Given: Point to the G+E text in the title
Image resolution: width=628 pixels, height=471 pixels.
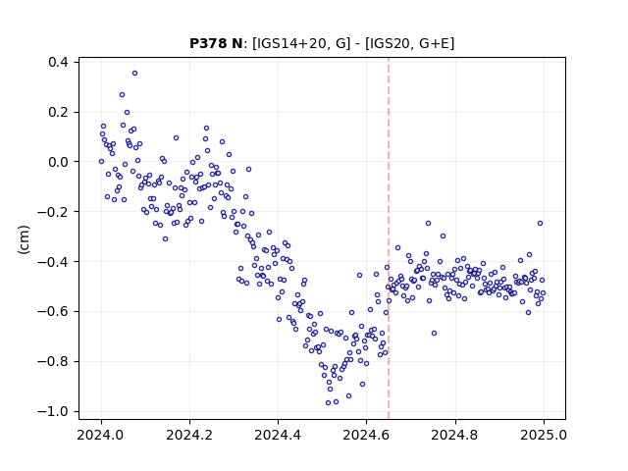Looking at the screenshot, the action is pyautogui.click(x=435, y=43).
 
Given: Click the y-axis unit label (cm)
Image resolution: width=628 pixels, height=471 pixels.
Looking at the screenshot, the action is pyautogui.click(x=24, y=239).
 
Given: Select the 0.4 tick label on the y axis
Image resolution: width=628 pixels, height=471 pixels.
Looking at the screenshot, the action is pyautogui.click(x=58, y=62).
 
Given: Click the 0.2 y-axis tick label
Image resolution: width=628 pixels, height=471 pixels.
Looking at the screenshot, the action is pyautogui.click(x=58, y=112).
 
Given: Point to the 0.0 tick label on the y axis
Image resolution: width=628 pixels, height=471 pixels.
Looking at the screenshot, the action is pyautogui.click(x=58, y=162).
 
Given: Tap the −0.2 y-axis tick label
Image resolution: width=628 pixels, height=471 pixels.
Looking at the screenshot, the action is pyautogui.click(x=53, y=212).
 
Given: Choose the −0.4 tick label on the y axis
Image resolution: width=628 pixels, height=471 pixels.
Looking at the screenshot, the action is pyautogui.click(x=53, y=262).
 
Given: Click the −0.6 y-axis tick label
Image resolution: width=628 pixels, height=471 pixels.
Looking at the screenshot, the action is pyautogui.click(x=53, y=311).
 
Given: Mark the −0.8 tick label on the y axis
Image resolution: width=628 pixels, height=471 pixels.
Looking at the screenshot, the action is pyautogui.click(x=53, y=361).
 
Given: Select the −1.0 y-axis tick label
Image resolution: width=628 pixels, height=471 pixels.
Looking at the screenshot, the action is pyautogui.click(x=53, y=411).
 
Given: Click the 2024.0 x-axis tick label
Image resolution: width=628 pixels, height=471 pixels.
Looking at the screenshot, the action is pyautogui.click(x=101, y=435).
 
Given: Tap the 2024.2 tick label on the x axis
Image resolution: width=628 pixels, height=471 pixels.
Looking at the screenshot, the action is pyautogui.click(x=189, y=435).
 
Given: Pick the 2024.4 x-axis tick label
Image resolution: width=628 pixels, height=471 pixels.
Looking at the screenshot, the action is pyautogui.click(x=278, y=435).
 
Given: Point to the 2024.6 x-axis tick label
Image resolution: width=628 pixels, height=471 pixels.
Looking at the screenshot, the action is pyautogui.click(x=366, y=435).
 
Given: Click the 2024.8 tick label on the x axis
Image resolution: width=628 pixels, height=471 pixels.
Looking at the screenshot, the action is pyautogui.click(x=455, y=435).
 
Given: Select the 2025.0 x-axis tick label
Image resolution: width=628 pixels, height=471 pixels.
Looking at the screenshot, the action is pyautogui.click(x=544, y=435).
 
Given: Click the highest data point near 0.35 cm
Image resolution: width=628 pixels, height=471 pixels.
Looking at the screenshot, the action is pyautogui.click(x=135, y=74).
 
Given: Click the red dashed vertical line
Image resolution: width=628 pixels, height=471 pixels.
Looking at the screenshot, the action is pyautogui.click(x=389, y=238).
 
